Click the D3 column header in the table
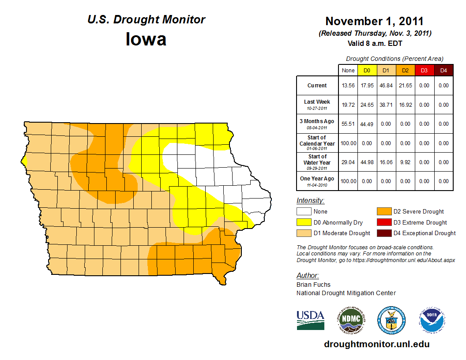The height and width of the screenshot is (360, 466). (x=424, y=70)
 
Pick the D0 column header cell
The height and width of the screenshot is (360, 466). (x=367, y=70)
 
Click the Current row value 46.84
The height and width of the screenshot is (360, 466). (x=386, y=86)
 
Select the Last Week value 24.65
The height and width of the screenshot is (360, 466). (x=367, y=105)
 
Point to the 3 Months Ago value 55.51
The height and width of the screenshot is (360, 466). (x=348, y=124)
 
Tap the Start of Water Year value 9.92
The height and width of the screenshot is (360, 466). (x=405, y=162)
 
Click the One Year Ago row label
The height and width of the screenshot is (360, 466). (x=317, y=181)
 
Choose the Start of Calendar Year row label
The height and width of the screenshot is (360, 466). (x=317, y=143)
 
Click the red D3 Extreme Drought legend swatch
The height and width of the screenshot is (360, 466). (x=383, y=222)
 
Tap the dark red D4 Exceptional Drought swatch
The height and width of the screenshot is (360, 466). (x=383, y=233)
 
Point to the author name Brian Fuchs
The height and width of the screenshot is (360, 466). (x=313, y=285)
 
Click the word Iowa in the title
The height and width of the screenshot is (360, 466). (x=146, y=39)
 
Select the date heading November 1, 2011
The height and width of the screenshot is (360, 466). (x=374, y=21)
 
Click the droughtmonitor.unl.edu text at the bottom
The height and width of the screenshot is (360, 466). (x=376, y=344)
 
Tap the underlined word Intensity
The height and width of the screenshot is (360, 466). (x=310, y=201)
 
